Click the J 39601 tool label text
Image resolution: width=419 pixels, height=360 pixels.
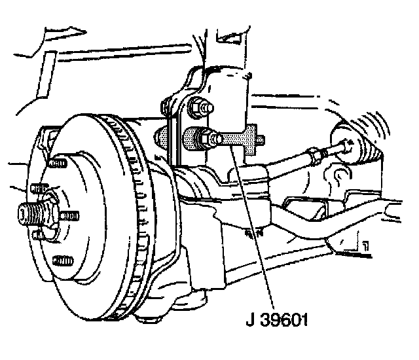[x=276, y=321]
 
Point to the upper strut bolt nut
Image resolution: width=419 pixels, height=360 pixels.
[x=197, y=104]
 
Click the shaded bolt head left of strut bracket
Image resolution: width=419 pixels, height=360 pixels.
[x=162, y=138]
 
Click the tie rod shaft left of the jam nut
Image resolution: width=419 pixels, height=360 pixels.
[x=288, y=164]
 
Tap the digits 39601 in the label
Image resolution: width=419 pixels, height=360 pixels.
[x=285, y=321]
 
